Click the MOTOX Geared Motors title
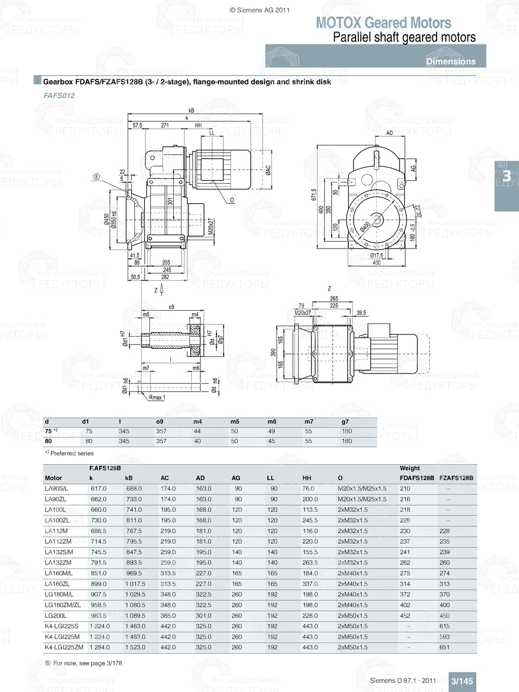tap(383, 23)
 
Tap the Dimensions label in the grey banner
tap(450, 61)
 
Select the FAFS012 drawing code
tap(59, 95)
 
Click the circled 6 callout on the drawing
tap(97, 177)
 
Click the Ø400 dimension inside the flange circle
tap(365, 227)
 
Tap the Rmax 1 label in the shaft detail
tap(157, 397)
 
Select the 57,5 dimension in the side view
tap(137, 126)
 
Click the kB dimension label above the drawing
tap(191, 110)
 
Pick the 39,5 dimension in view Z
tap(361, 313)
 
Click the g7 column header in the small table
tap(345, 422)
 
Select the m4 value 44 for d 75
tap(197, 431)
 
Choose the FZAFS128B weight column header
tap(456, 478)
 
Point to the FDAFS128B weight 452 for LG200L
tap(405, 616)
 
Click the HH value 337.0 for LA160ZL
tap(310, 584)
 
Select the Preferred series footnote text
tap(72, 453)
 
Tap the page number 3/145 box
tap(461, 681)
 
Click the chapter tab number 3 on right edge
tap(506, 176)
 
